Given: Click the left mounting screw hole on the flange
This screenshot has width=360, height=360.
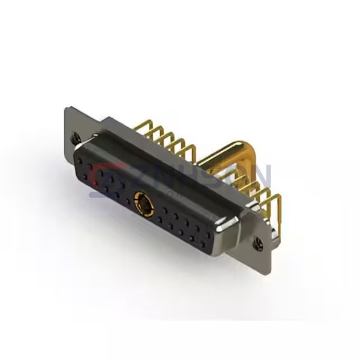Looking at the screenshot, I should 76,136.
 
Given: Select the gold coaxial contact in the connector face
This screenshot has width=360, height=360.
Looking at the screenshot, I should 144,203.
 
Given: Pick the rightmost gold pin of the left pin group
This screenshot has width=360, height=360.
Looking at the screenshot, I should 191,151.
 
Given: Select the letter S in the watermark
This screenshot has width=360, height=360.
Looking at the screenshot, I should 207,175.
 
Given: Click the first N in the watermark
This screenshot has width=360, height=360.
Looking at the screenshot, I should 160,175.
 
